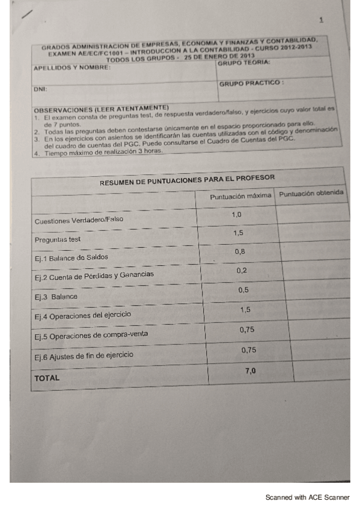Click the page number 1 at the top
point(322,20)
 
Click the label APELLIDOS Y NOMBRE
point(72,68)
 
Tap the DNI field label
point(40,88)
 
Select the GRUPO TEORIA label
point(243,63)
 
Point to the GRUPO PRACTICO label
point(251,84)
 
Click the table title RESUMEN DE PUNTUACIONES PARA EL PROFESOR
point(187,179)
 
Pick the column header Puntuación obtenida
point(311,194)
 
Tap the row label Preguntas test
point(58,239)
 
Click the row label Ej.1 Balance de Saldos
point(72,257)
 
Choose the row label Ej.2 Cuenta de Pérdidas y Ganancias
point(94,275)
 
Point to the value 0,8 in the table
point(239,251)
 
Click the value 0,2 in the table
point(242,271)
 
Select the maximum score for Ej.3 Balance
point(243,290)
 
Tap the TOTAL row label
point(47,378)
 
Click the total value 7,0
point(251,370)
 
